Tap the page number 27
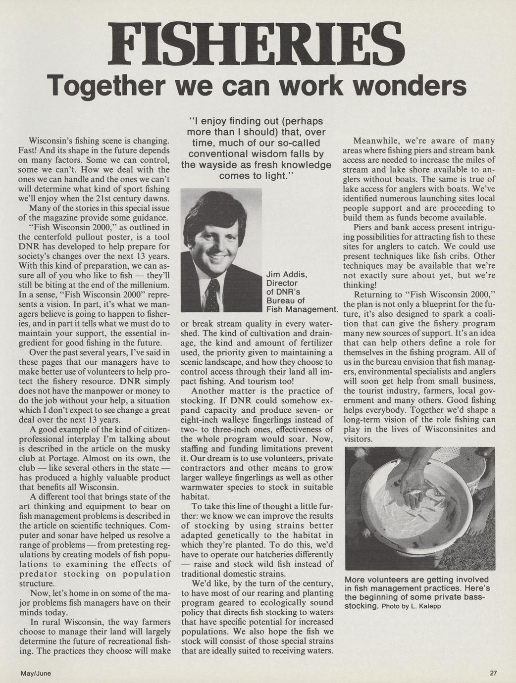click(x=493, y=673)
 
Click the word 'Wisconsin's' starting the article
click(x=52, y=141)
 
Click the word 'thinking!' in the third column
click(x=360, y=285)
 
